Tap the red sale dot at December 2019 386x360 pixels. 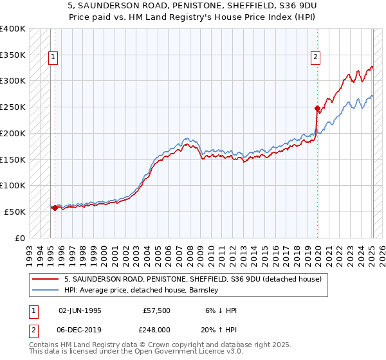coord(317,108)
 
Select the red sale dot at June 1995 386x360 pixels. coord(55,208)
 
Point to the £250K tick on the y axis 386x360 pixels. coord(13,107)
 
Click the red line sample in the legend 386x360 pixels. coord(46,279)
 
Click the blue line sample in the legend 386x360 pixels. coord(46,290)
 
